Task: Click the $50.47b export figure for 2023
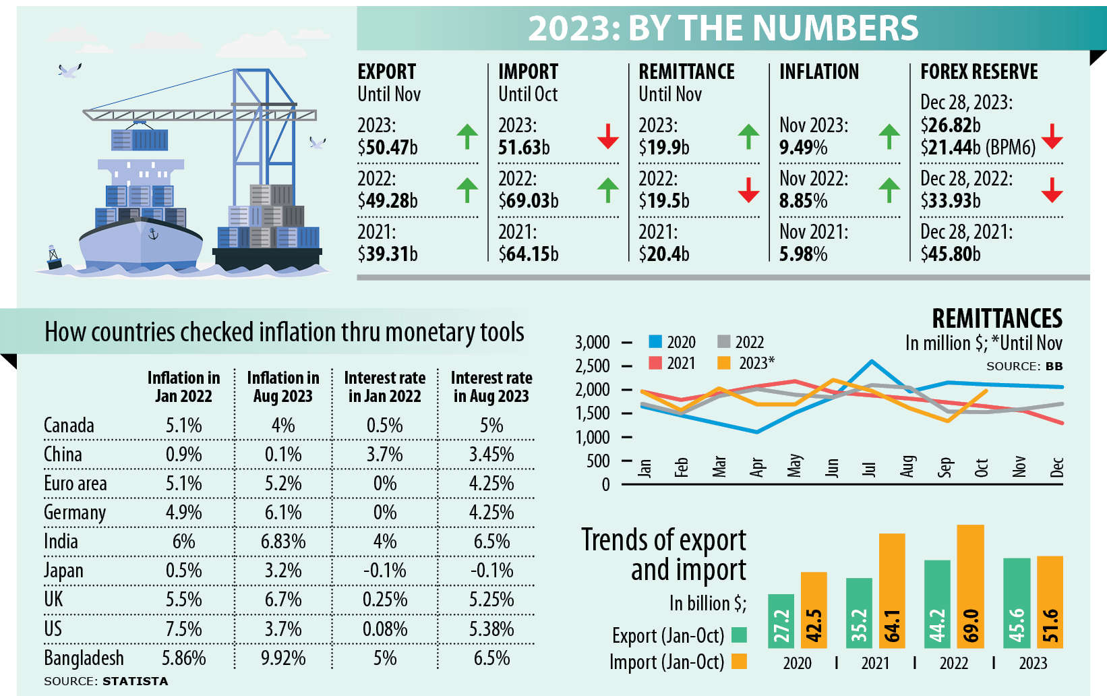point(388,148)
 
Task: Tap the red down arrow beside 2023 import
point(607,136)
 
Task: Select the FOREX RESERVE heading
point(979,71)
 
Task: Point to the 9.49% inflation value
point(803,148)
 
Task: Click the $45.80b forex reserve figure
point(951,254)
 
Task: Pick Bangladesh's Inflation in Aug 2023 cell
point(283,658)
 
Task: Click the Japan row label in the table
point(63,571)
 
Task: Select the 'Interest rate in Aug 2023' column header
point(491,386)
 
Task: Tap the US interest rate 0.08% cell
point(385,629)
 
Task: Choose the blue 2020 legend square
point(655,341)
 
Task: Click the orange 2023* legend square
point(724,363)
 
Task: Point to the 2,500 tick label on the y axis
point(592,366)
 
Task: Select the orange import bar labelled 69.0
point(970,587)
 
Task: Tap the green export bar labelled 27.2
point(781,621)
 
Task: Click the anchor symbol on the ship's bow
point(153,234)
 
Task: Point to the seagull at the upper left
point(69,70)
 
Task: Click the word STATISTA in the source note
point(136,681)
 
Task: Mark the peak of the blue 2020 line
point(872,361)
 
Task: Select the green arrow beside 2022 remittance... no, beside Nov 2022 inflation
point(889,190)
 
